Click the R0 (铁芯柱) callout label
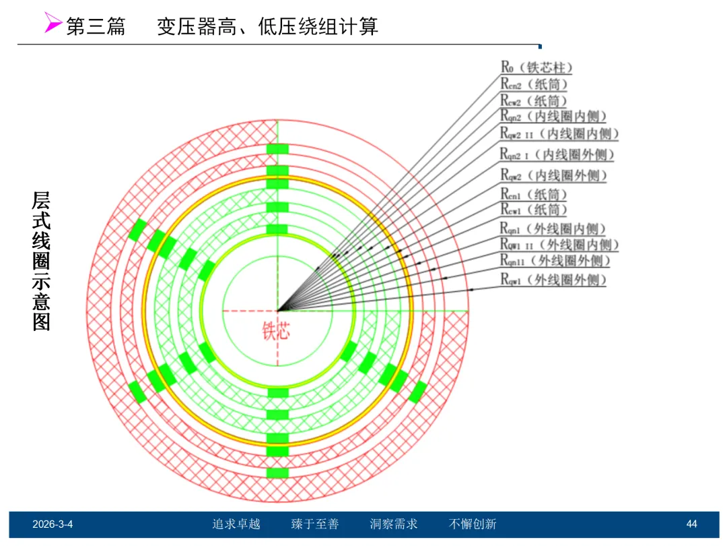coord(536,67)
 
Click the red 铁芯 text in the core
coord(276,331)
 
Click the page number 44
coord(691,524)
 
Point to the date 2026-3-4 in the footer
coord(53,524)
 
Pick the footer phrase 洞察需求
coord(394,524)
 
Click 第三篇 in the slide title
coord(96,26)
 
